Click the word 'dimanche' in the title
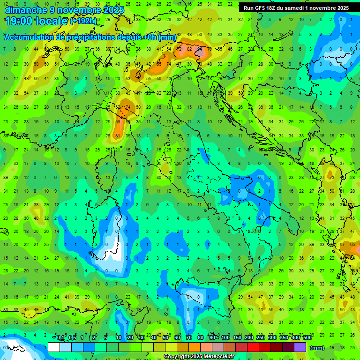[25, 10]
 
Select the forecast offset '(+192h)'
[83, 21]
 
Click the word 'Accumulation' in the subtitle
[29, 37]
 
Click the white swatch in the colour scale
[54, 347]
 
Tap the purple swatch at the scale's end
[300, 347]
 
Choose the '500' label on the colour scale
[307, 338]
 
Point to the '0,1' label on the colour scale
[60, 338]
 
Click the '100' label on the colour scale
[225, 338]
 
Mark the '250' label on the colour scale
[261, 338]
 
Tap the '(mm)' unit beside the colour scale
[317, 347]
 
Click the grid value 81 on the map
[118, 136]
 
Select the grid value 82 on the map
[189, 49]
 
